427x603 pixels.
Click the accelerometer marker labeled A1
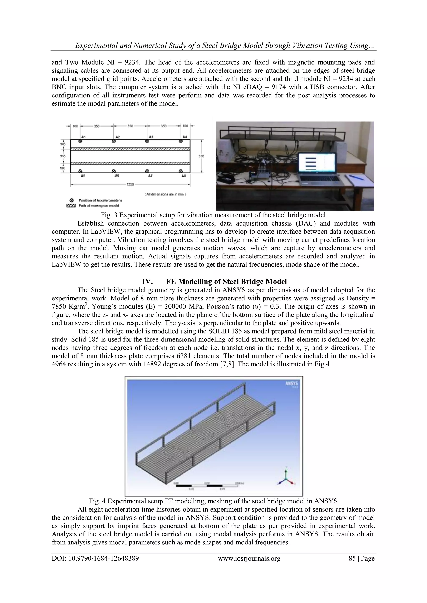click(x=80, y=141)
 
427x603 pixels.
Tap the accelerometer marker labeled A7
click(x=147, y=171)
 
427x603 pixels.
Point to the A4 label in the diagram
click(x=185, y=137)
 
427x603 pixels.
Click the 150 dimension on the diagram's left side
click(x=63, y=156)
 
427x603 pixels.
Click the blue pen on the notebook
click(x=357, y=178)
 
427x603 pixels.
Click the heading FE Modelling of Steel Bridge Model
click(x=226, y=282)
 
